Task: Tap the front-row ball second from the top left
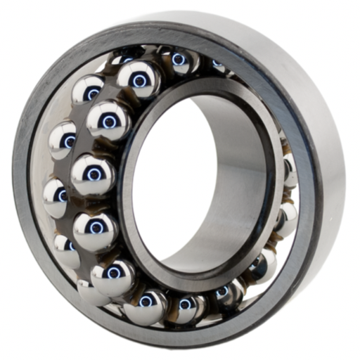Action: click(108, 120)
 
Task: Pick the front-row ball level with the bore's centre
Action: click(93, 173)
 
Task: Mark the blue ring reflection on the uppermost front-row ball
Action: click(139, 81)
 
